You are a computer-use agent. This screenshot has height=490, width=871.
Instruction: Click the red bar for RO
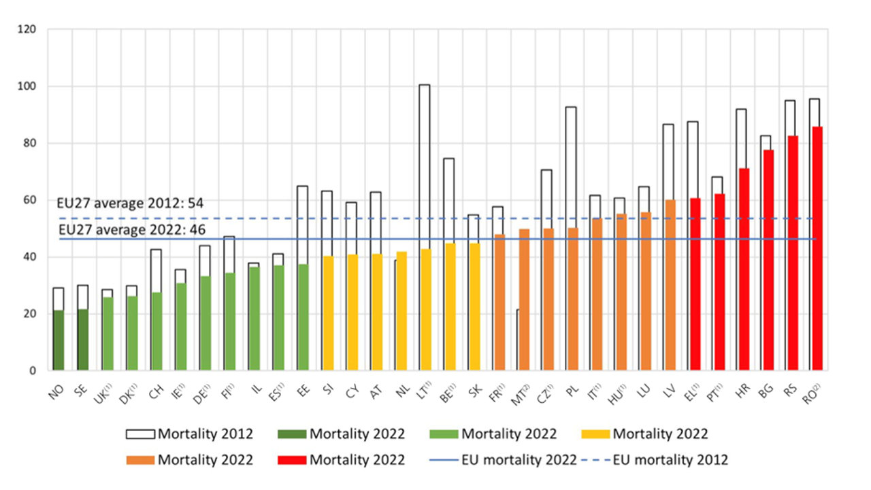pyautogui.click(x=817, y=248)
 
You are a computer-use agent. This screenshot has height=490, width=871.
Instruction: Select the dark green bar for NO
pyautogui.click(x=59, y=340)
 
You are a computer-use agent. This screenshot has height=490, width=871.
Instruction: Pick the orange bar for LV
pyautogui.click(x=670, y=285)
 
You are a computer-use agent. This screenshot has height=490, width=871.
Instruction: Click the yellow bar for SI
pyautogui.click(x=327, y=313)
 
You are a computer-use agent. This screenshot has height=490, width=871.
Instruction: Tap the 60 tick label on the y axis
pyautogui.click(x=31, y=200)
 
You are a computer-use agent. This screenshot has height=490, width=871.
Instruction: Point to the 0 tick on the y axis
pyautogui.click(x=33, y=371)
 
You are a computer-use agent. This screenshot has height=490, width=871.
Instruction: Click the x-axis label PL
pyautogui.click(x=571, y=392)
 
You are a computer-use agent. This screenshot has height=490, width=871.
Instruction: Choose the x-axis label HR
pyautogui.click(x=742, y=392)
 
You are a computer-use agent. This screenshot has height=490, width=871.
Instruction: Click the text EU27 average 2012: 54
pyautogui.click(x=131, y=203)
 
